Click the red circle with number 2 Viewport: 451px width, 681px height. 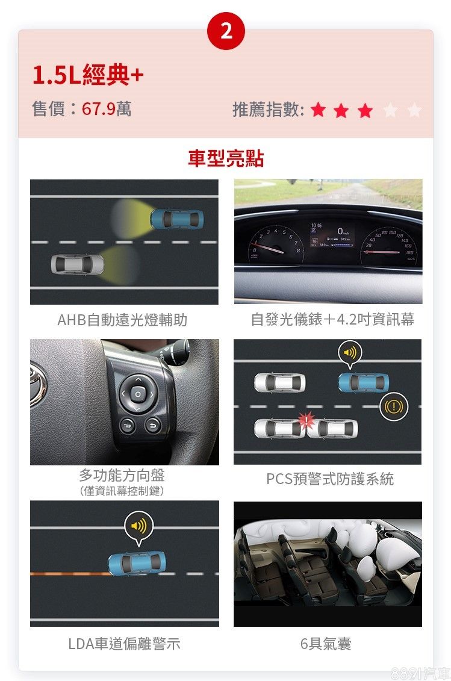pyautogui.click(x=226, y=31)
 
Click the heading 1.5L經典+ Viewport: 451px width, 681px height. pyautogui.click(x=88, y=75)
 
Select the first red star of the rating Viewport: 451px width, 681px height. pyautogui.click(x=319, y=110)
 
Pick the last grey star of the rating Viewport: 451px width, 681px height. pyautogui.click(x=414, y=110)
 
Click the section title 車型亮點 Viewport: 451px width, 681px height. pyautogui.click(x=226, y=158)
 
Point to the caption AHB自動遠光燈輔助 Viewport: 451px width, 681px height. pyautogui.click(x=122, y=320)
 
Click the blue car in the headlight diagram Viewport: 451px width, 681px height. pyautogui.click(x=177, y=219)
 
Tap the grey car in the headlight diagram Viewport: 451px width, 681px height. pyautogui.click(x=77, y=264)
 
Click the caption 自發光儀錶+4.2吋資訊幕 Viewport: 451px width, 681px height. pyautogui.click(x=333, y=319)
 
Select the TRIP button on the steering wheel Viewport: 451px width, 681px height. pyautogui.click(x=127, y=426)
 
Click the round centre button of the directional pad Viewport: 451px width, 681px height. pyautogui.click(x=138, y=394)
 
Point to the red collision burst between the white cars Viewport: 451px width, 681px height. pyautogui.click(x=305, y=420)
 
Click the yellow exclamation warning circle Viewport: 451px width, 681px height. pyautogui.click(x=394, y=406)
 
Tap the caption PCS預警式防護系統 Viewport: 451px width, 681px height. pyautogui.click(x=330, y=479)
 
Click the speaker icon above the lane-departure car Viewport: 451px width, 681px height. pyautogui.click(x=138, y=526)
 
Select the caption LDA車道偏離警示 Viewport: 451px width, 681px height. pyautogui.click(x=124, y=644)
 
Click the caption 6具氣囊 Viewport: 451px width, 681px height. pyautogui.click(x=326, y=644)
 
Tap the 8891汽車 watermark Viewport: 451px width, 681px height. pyautogui.click(x=420, y=673)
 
